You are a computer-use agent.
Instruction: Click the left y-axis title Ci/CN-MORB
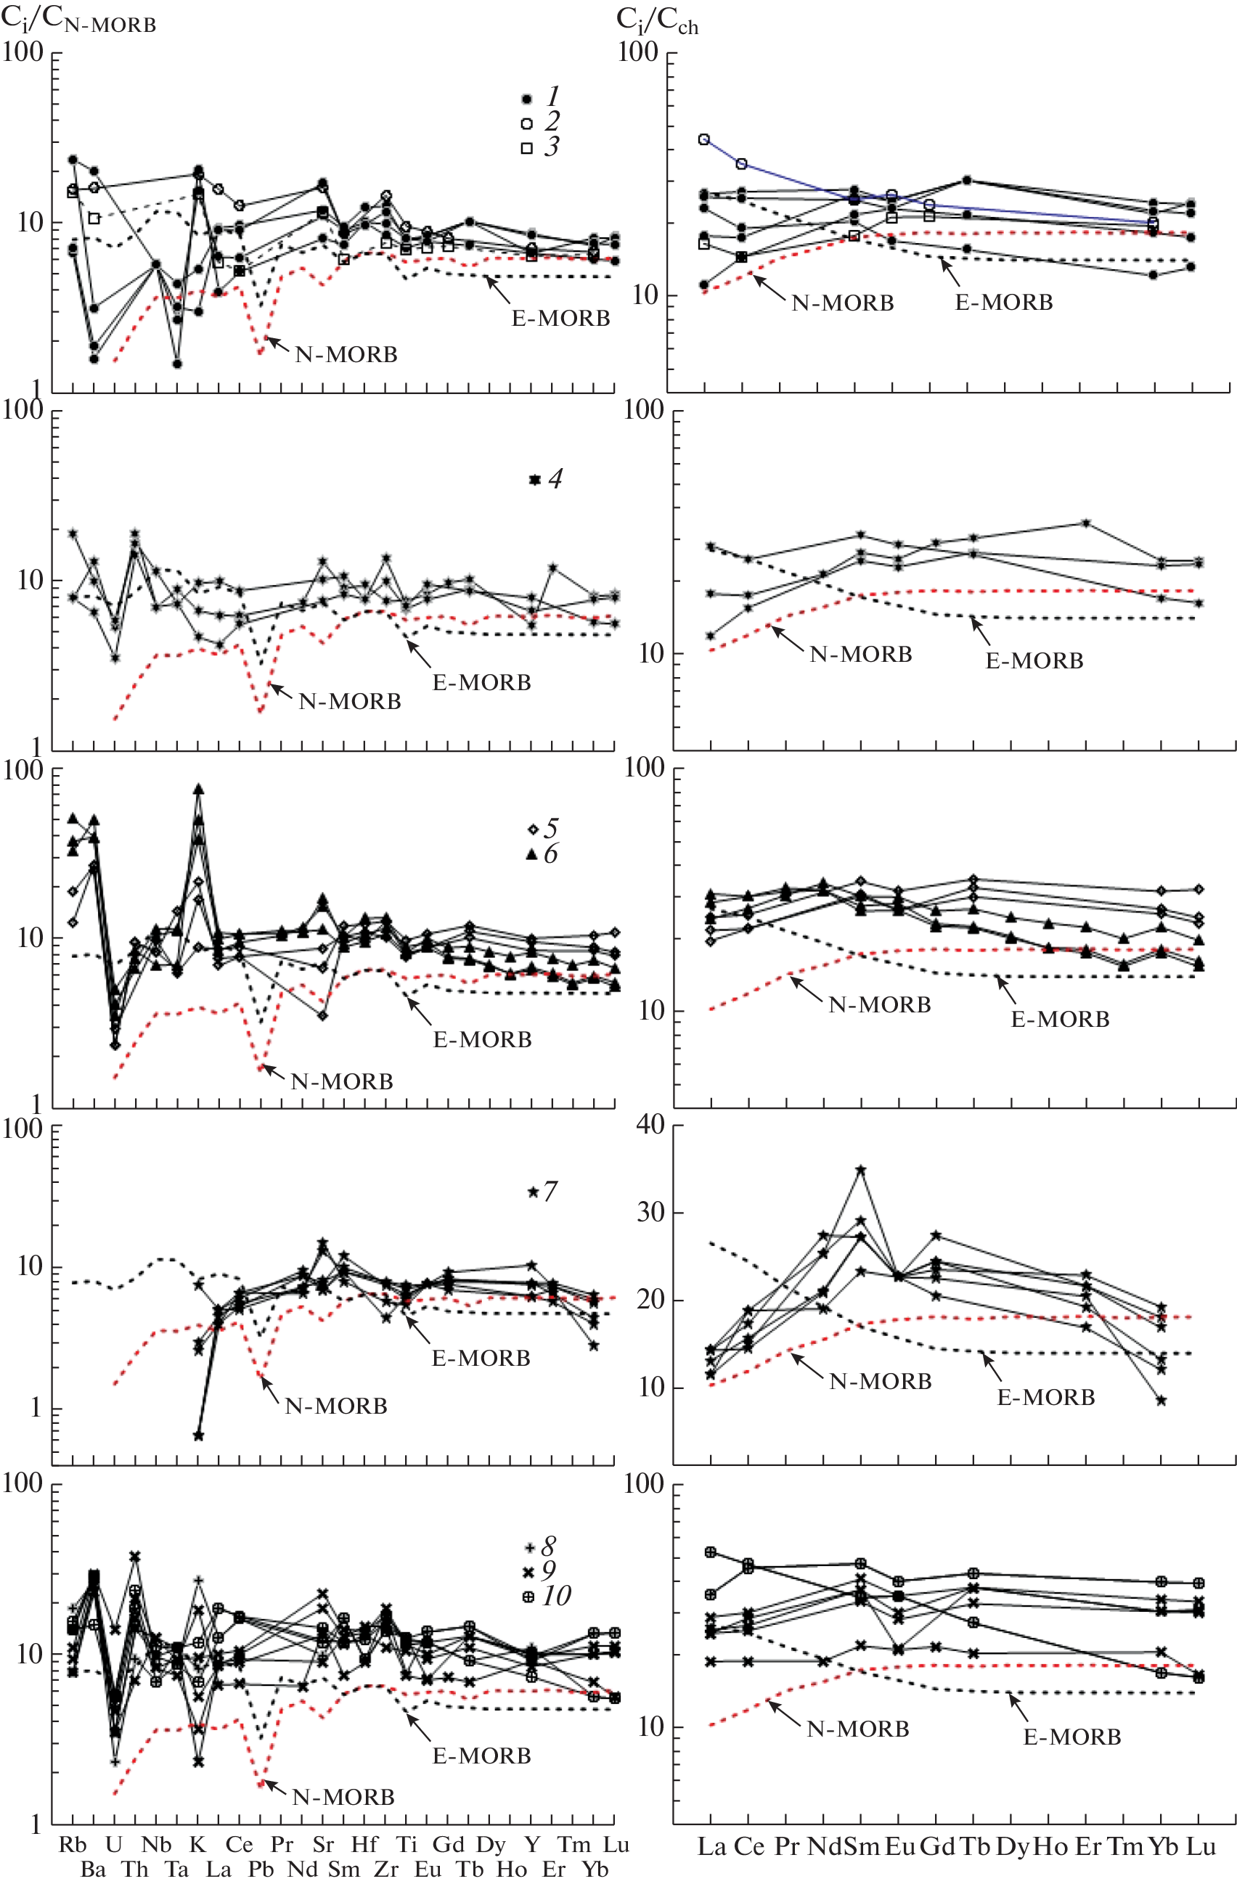click(78, 20)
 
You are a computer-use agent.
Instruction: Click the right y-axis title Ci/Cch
click(656, 21)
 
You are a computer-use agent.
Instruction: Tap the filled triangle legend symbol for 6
click(532, 854)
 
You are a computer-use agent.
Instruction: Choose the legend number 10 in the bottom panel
click(557, 1595)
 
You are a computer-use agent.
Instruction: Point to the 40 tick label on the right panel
click(652, 1125)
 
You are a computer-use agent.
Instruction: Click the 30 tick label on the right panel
click(652, 1213)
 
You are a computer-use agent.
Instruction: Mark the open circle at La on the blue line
click(704, 139)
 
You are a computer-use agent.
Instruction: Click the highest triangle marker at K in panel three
click(199, 789)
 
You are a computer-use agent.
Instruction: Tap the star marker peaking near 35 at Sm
click(861, 1170)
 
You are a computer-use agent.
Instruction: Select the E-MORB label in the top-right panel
click(1003, 303)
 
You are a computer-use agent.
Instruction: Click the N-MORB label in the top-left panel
click(346, 354)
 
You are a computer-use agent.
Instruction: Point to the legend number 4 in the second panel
click(555, 479)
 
